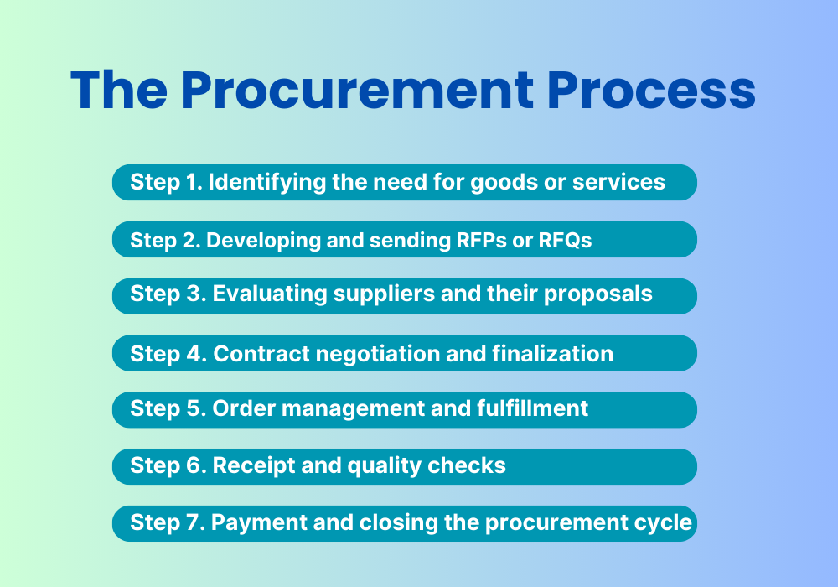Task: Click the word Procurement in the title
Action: (x=357, y=91)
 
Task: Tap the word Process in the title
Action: (x=651, y=91)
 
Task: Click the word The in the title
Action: (x=119, y=91)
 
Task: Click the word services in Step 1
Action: (x=619, y=182)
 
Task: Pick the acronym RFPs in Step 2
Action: (x=481, y=240)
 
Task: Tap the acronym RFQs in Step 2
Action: (x=565, y=240)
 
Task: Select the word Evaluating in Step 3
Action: (x=270, y=294)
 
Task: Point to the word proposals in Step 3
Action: (x=598, y=294)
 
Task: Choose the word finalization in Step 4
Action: (x=552, y=354)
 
